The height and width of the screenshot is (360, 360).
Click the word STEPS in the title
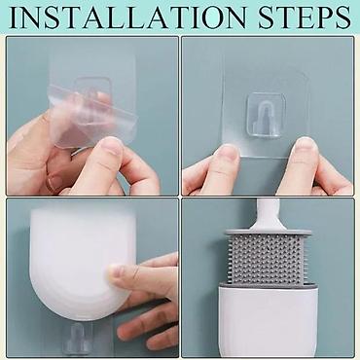305,17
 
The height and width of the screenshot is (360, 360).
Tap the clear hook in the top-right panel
266,115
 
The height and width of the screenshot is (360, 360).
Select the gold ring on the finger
52,181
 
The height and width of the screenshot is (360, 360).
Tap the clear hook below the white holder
77,338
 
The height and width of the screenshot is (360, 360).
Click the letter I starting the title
15,17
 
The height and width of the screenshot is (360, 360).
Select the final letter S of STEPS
343,17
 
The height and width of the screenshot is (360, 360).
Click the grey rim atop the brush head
269,233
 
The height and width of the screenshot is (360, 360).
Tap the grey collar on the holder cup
268,285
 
